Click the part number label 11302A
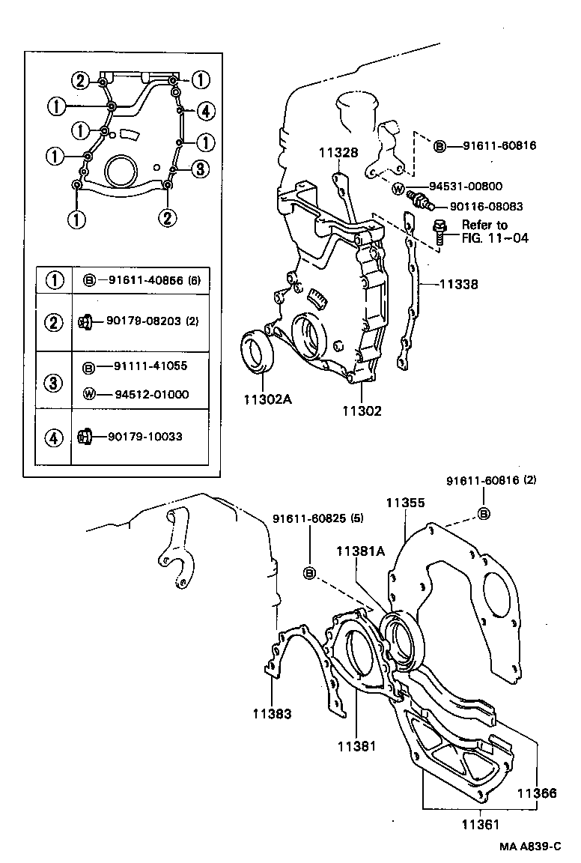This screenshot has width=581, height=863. click(267, 399)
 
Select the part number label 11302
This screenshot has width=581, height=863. click(362, 411)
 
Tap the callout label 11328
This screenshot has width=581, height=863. click(338, 153)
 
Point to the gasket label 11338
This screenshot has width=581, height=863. click(459, 285)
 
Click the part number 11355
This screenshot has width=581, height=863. click(405, 504)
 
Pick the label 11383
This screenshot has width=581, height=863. click(272, 713)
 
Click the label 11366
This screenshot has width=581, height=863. click(537, 792)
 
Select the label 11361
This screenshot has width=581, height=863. click(479, 823)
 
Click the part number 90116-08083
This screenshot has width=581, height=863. click(487, 206)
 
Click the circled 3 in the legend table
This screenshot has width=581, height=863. click(54, 381)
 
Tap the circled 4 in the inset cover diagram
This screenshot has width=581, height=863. click(206, 112)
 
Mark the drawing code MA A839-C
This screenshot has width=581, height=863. click(531, 847)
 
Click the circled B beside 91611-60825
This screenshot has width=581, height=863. click(308, 573)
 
